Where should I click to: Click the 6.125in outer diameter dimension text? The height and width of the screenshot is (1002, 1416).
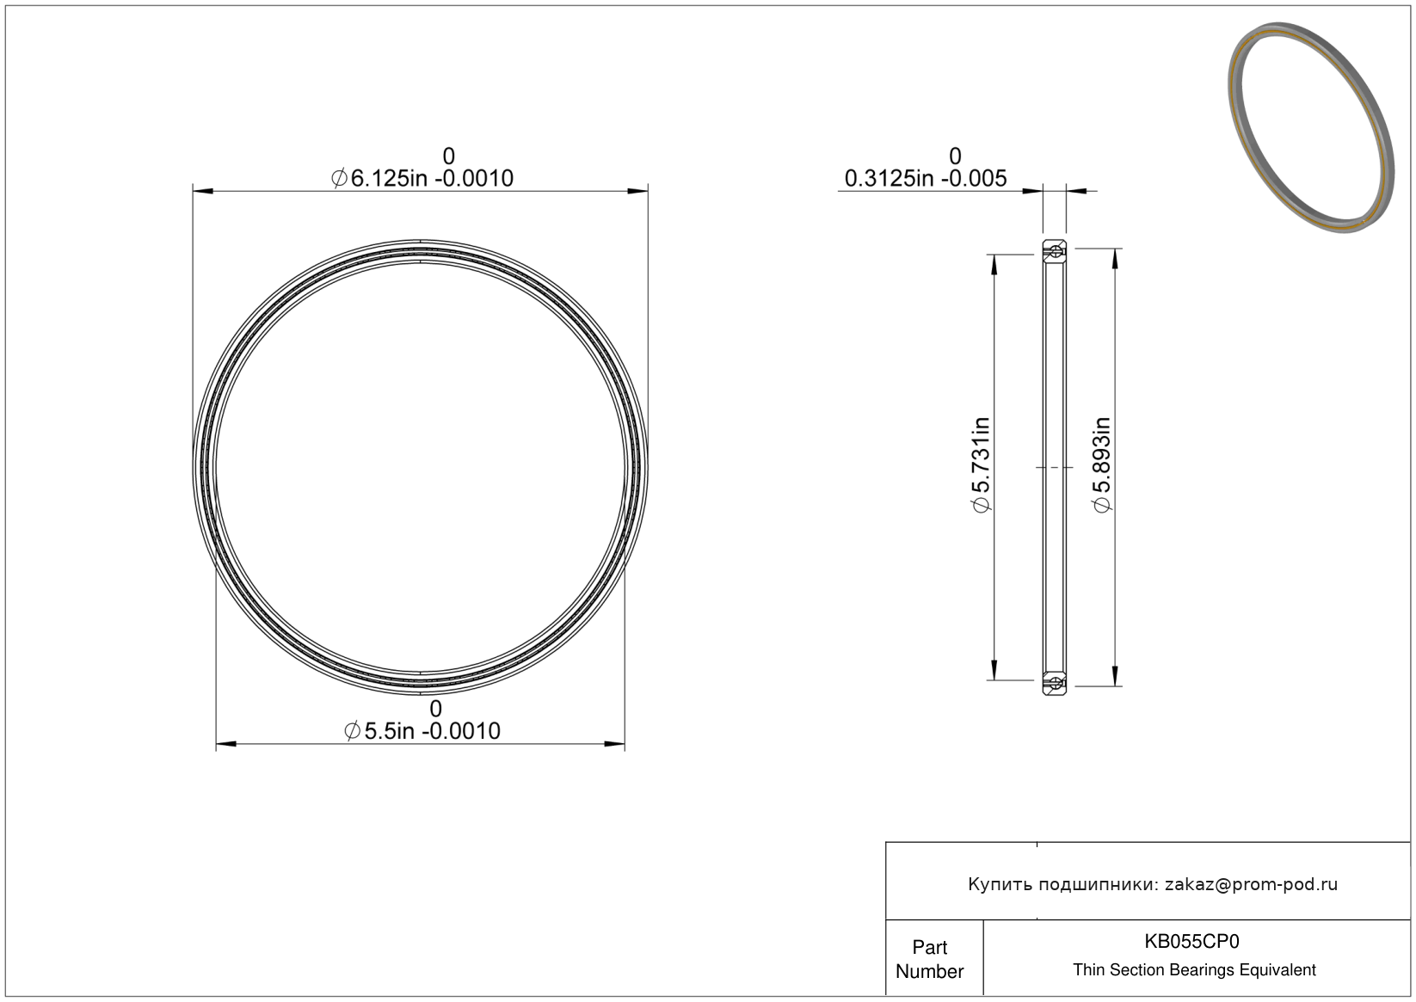tap(422, 179)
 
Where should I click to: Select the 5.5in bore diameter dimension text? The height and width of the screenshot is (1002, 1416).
tap(422, 731)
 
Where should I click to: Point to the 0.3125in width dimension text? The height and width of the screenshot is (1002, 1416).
tap(926, 179)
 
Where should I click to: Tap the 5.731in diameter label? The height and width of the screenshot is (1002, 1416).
tap(981, 465)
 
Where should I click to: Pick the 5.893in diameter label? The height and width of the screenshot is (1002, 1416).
tap(1101, 465)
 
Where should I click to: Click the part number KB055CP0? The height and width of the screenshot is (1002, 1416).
tap(1191, 942)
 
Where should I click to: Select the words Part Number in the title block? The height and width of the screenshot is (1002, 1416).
tap(929, 959)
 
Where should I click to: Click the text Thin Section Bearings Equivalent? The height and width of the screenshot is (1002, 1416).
tap(1194, 970)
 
